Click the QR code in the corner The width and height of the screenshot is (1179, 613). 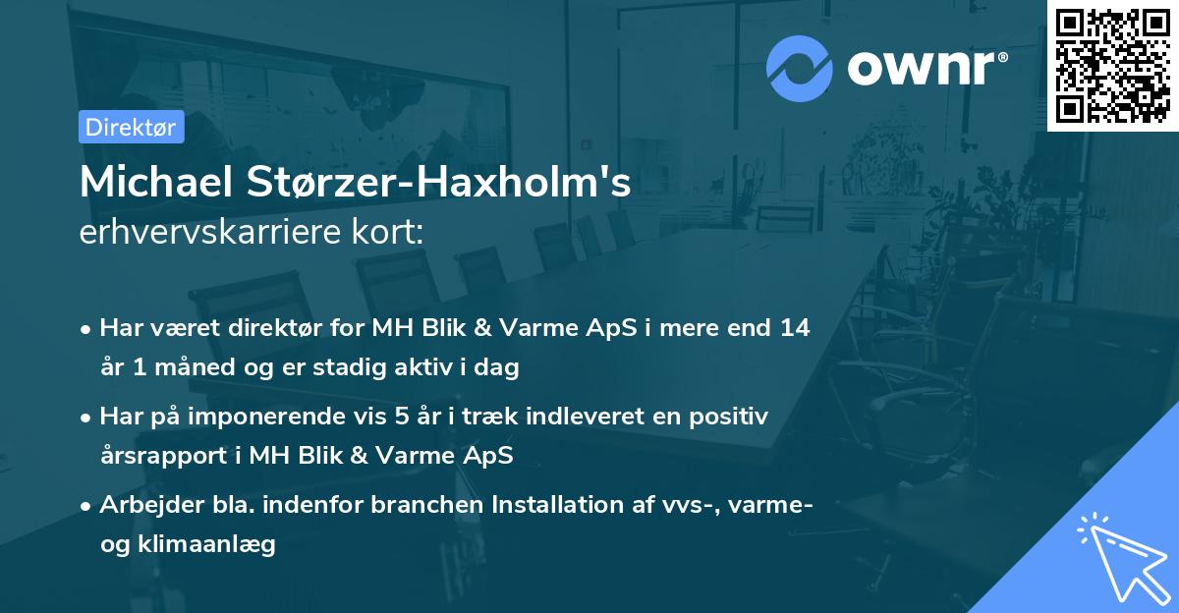[1112, 65]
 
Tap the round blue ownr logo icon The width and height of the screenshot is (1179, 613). [800, 67]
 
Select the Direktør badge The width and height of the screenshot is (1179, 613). [131, 127]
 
